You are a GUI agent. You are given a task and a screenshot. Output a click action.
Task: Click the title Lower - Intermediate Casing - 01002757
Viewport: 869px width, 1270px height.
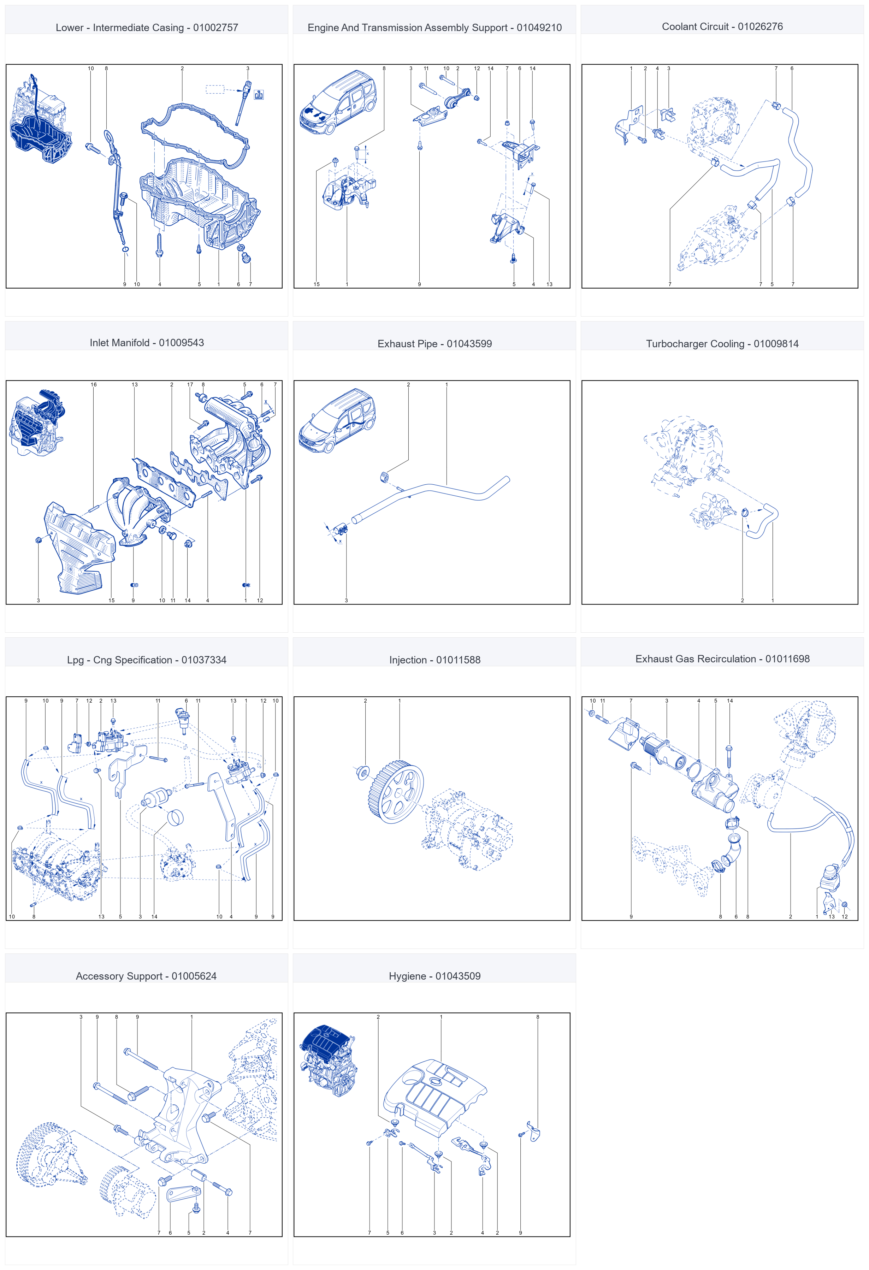pos(147,27)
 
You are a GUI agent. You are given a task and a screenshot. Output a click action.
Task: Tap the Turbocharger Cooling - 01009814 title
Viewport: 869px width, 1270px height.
pos(722,344)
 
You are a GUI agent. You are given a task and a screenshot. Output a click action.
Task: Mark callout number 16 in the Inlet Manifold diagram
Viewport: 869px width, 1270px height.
pos(94,385)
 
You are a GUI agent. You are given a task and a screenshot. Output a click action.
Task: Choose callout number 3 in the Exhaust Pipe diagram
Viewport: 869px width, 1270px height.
pos(346,601)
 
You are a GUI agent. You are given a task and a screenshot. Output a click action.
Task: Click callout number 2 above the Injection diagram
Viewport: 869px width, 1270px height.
pos(366,701)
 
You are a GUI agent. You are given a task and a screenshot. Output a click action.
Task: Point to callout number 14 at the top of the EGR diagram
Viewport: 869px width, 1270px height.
pos(729,701)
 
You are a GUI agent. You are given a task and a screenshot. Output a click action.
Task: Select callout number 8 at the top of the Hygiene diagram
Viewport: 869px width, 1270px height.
pos(537,1017)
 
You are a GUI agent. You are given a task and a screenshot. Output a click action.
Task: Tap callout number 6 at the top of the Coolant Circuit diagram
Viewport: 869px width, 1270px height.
pos(791,68)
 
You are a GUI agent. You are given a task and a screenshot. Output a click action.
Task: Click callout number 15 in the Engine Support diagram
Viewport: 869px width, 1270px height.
pos(317,284)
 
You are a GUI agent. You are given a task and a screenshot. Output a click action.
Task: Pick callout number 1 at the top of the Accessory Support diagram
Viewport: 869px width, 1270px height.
pos(192,1017)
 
